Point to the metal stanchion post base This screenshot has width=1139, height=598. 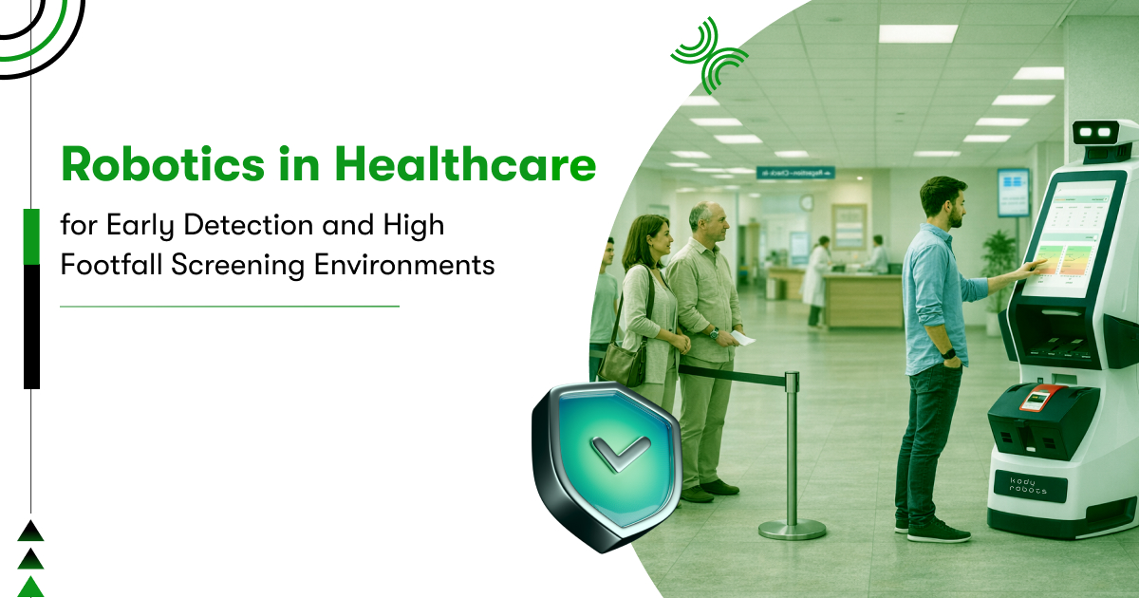[792, 529]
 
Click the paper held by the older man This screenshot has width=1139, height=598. [742, 337]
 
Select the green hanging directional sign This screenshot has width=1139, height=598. [794, 173]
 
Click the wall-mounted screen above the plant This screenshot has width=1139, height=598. [1013, 192]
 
